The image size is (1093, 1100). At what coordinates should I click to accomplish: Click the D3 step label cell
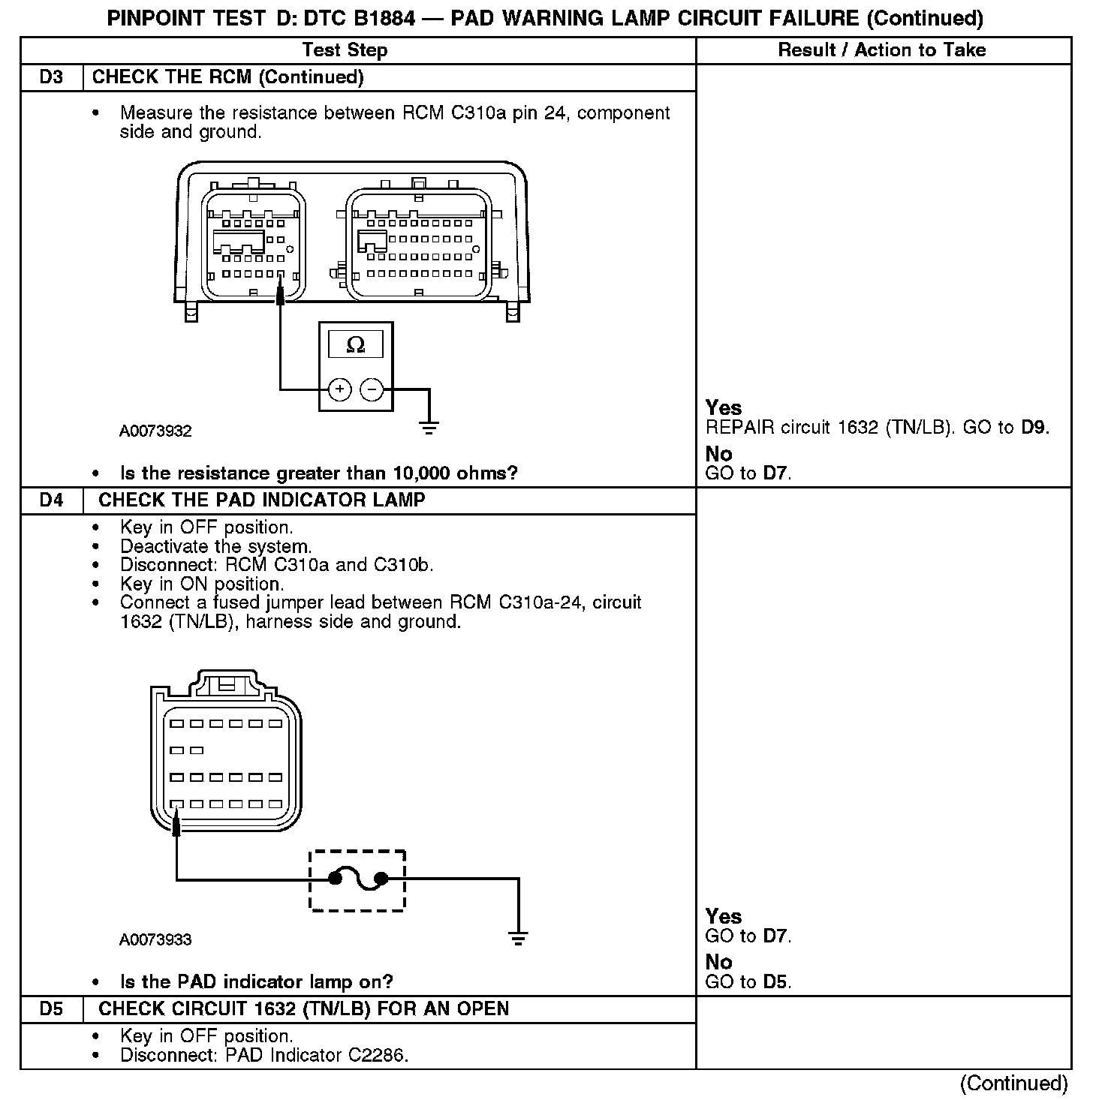click(x=51, y=77)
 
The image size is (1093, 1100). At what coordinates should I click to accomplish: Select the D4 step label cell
click(x=51, y=500)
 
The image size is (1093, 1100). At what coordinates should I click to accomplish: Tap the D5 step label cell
click(x=51, y=1009)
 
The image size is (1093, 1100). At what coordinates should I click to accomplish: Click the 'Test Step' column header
click(x=345, y=50)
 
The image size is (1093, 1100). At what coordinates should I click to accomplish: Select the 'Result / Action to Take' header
click(x=882, y=50)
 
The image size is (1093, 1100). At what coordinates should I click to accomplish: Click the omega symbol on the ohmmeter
click(x=356, y=345)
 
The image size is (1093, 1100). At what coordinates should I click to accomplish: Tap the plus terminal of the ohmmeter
click(x=340, y=389)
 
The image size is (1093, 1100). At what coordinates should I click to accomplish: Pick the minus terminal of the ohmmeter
click(x=372, y=389)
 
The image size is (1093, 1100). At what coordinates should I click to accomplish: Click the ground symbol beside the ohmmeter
click(x=429, y=428)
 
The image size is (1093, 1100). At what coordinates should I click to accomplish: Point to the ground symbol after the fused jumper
click(x=518, y=937)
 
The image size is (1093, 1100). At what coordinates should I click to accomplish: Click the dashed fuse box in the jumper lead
click(x=357, y=880)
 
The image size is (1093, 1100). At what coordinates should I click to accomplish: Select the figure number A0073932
click(x=155, y=431)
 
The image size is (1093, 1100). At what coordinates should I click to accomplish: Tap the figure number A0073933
click(x=155, y=940)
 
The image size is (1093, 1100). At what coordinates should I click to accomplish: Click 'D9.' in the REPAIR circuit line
click(x=1034, y=428)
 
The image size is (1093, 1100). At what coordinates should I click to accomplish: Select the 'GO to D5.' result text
click(x=748, y=981)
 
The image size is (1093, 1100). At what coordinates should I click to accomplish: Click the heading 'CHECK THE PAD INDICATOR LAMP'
click(x=262, y=500)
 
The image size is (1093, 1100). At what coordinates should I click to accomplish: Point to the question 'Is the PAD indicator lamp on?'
click(x=257, y=981)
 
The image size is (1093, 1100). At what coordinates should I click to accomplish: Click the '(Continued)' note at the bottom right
click(x=1013, y=1083)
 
